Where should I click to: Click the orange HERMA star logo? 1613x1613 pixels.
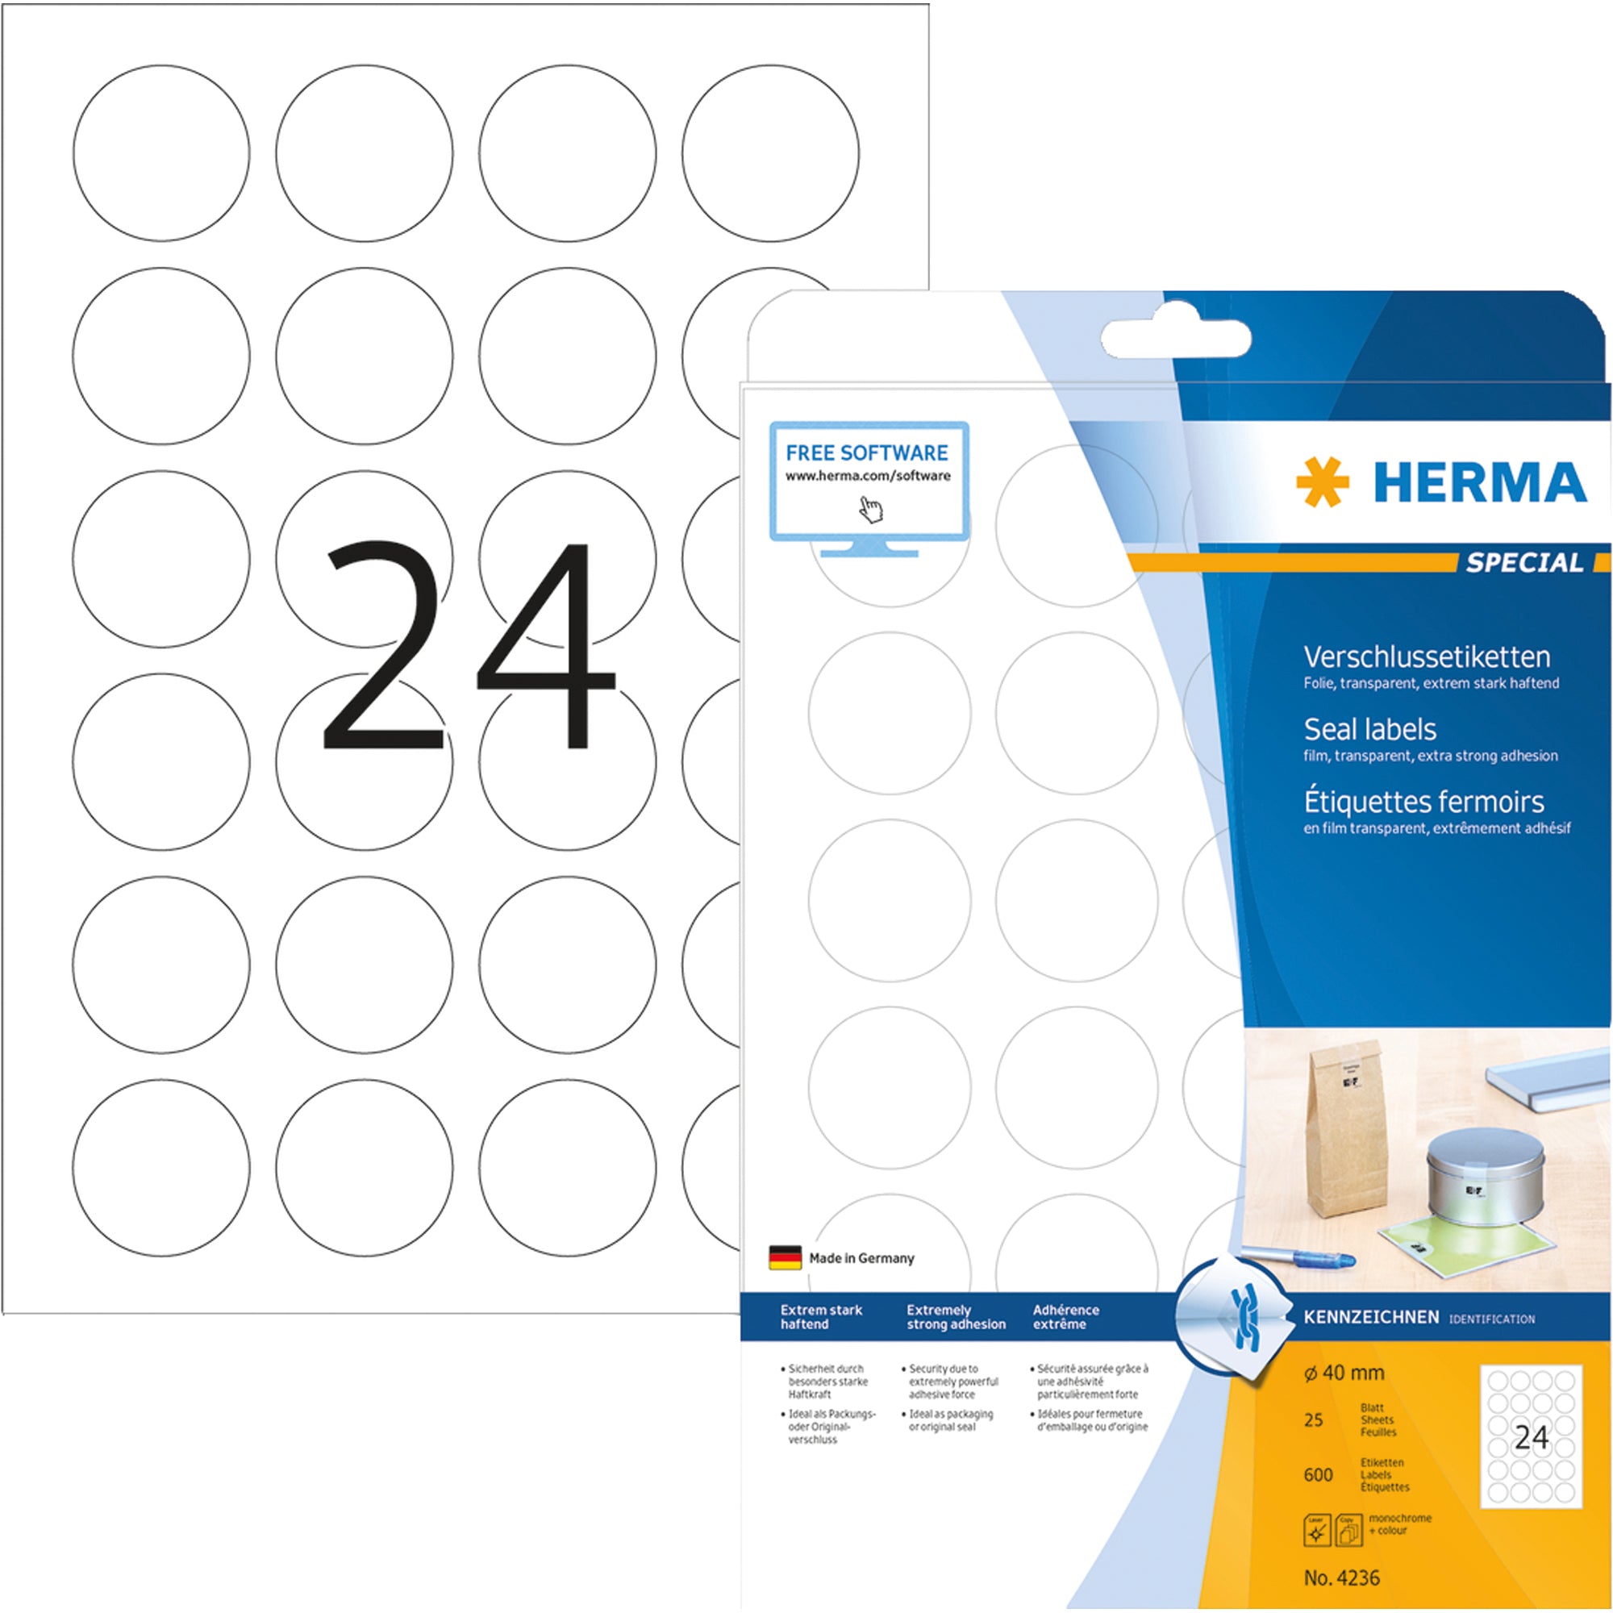[1323, 481]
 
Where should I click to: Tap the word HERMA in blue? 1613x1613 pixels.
[1479, 483]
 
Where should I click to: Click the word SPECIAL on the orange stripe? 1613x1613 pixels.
[1524, 563]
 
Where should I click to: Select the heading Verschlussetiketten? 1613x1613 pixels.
[1427, 657]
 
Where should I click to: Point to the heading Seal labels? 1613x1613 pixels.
[1370, 730]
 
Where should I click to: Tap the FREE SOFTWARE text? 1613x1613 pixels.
[867, 452]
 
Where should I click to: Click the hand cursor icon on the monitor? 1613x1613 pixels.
[871, 508]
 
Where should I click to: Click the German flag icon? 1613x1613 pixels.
[785, 1258]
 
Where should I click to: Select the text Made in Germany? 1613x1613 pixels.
[861, 1258]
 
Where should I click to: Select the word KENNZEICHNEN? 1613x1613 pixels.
[1371, 1318]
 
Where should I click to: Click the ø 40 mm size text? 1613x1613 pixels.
[1344, 1373]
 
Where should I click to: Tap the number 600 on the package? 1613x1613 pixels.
[1319, 1475]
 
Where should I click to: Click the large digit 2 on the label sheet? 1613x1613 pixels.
[382, 644]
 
